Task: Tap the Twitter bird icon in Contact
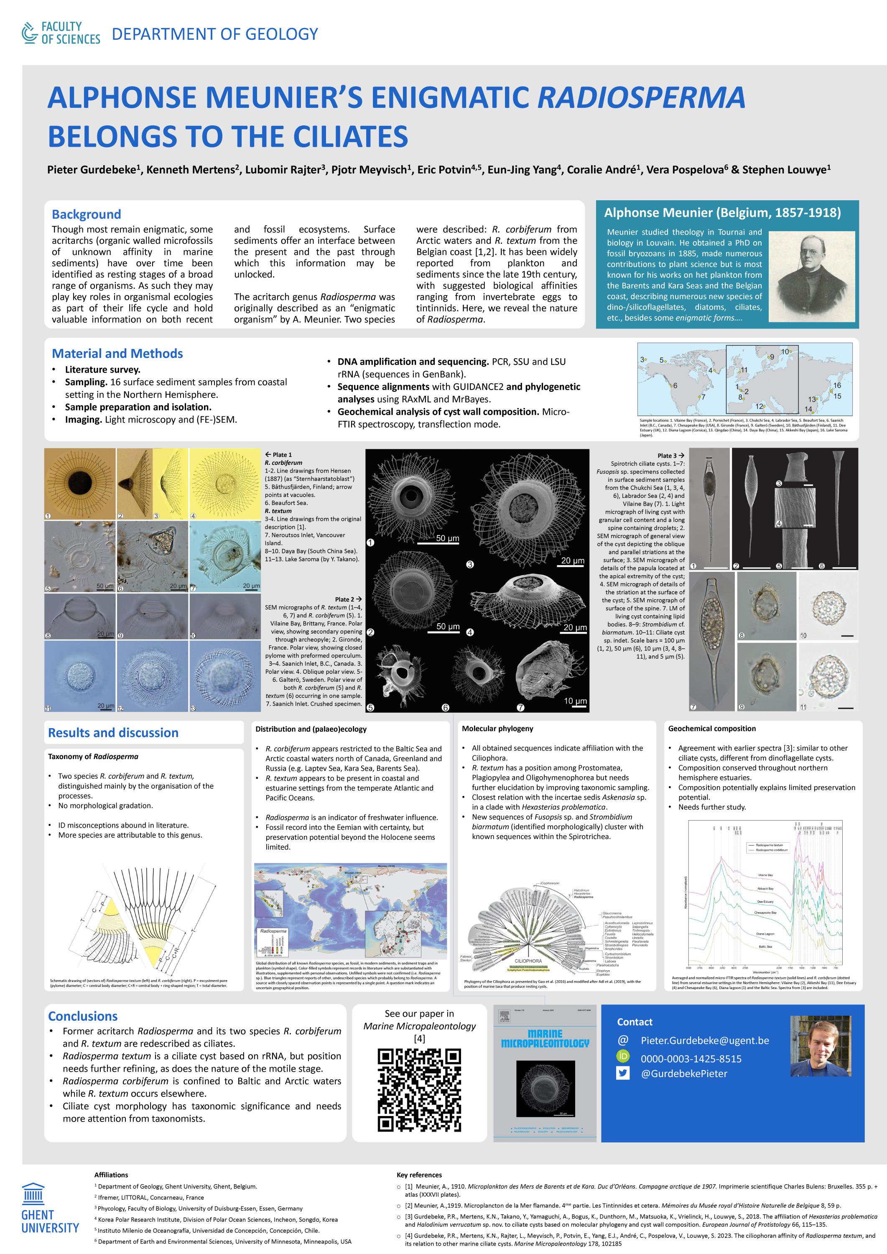click(x=623, y=1073)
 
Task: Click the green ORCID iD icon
click(x=623, y=1056)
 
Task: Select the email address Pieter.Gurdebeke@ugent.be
click(x=705, y=1040)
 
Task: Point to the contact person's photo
click(x=821, y=1046)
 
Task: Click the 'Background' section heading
click(x=86, y=214)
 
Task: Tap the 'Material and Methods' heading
click(x=117, y=353)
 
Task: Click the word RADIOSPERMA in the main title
click(x=641, y=97)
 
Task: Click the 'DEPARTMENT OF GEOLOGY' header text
click(x=215, y=34)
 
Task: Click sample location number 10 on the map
click(x=785, y=352)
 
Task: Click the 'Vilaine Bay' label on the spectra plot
click(x=765, y=875)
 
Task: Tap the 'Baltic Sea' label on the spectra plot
click(x=765, y=946)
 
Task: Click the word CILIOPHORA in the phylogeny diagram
click(x=528, y=961)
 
